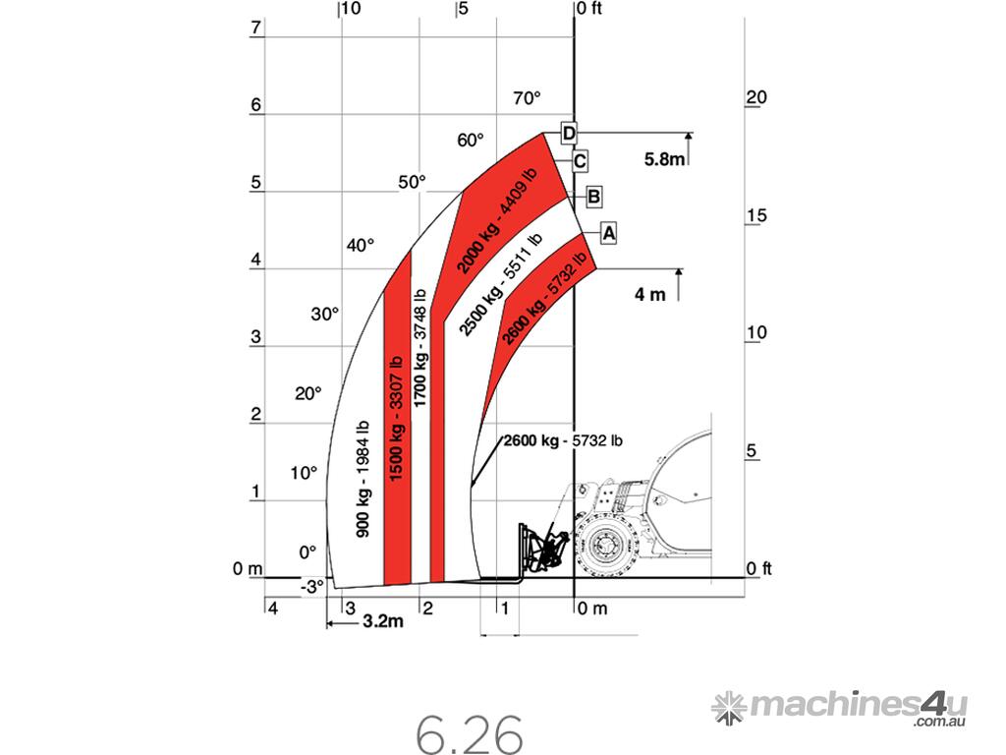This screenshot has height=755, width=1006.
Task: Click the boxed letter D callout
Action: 569,133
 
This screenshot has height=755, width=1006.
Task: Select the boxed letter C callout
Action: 580,161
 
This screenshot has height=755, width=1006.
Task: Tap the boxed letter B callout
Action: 593,197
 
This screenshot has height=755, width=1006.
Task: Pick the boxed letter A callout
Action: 608,232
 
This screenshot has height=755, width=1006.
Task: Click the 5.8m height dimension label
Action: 664,159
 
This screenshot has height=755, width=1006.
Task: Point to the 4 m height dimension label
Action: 650,295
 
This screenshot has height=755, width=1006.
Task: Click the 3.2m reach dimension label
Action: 383,621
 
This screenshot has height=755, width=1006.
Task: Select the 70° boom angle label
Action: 527,98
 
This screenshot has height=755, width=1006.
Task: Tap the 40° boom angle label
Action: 360,245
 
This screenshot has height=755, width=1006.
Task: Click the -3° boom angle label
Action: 312,587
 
